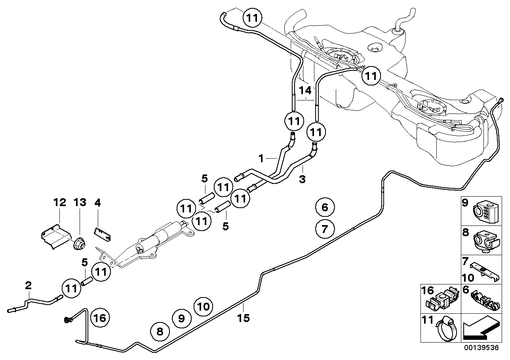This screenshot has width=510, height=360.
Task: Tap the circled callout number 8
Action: point(160,332)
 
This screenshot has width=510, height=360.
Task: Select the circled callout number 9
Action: point(181,318)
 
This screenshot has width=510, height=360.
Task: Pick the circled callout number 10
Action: point(203,306)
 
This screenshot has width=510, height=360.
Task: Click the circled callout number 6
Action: point(325,207)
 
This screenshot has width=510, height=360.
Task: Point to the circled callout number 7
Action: point(325,229)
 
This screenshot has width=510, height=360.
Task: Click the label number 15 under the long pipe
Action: point(244,318)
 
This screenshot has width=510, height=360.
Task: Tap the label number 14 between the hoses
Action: point(305,90)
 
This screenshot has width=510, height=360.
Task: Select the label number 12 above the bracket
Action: point(60,203)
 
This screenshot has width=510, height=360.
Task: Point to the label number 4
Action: point(97,203)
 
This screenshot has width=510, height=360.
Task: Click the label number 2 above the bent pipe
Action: point(28,285)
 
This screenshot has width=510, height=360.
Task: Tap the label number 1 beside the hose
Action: point(261,159)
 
